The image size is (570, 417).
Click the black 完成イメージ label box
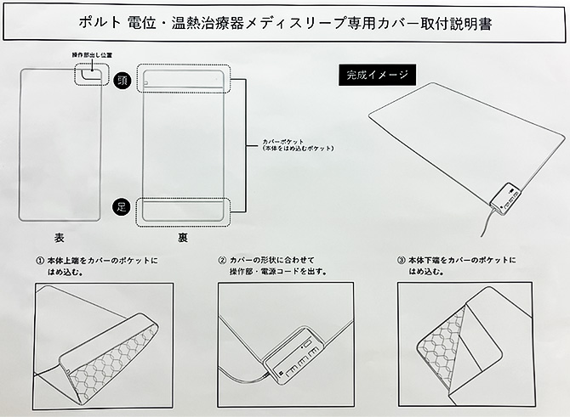pyautogui.click(x=377, y=75)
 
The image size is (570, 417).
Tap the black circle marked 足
pyautogui.click(x=122, y=206)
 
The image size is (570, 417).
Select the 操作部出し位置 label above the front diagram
pyautogui.click(x=91, y=54)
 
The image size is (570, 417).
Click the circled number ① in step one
pyautogui.click(x=39, y=259)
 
